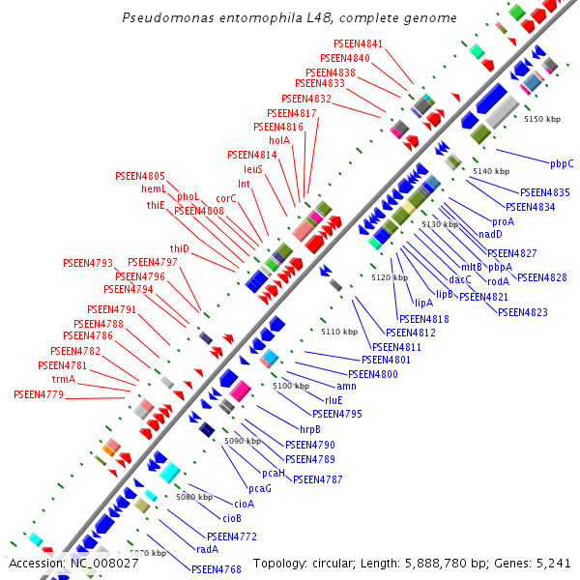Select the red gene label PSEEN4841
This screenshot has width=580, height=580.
(x=358, y=44)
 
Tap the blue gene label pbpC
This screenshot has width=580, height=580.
(x=562, y=163)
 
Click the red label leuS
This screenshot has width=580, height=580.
(x=253, y=169)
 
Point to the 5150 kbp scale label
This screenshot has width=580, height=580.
(x=542, y=119)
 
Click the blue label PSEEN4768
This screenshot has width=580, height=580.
(x=216, y=569)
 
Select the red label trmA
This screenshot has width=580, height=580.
(x=64, y=380)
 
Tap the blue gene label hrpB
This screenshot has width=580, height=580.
(x=310, y=429)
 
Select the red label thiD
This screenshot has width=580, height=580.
(x=180, y=248)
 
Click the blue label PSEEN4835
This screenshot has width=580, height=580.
(x=545, y=192)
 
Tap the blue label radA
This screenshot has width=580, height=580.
(x=207, y=549)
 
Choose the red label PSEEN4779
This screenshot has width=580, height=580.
(x=39, y=394)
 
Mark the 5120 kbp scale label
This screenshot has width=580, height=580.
(x=390, y=278)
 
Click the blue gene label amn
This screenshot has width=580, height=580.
(x=346, y=386)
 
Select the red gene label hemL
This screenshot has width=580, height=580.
(x=154, y=188)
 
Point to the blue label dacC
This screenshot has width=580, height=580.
(x=460, y=279)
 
